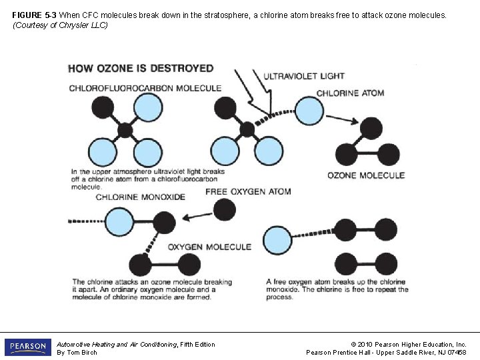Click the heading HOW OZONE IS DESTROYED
pyautogui.click(x=141, y=68)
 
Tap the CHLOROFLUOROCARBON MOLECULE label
pyautogui.click(x=145, y=88)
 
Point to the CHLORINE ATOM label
pyautogui.click(x=350, y=93)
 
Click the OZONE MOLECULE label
pyautogui.click(x=366, y=175)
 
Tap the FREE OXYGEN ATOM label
pyautogui.click(x=248, y=191)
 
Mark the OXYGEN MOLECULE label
pyautogui.click(x=209, y=247)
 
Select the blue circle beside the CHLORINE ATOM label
pyautogui.click(x=309, y=111)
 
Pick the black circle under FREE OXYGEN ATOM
pyautogui.click(x=225, y=210)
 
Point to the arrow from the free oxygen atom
pyautogui.click(x=197, y=216)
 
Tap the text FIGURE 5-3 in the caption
pyautogui.click(x=35, y=14)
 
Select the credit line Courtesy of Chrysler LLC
pyautogui.click(x=60, y=25)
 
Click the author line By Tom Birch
pyautogui.click(x=77, y=352)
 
